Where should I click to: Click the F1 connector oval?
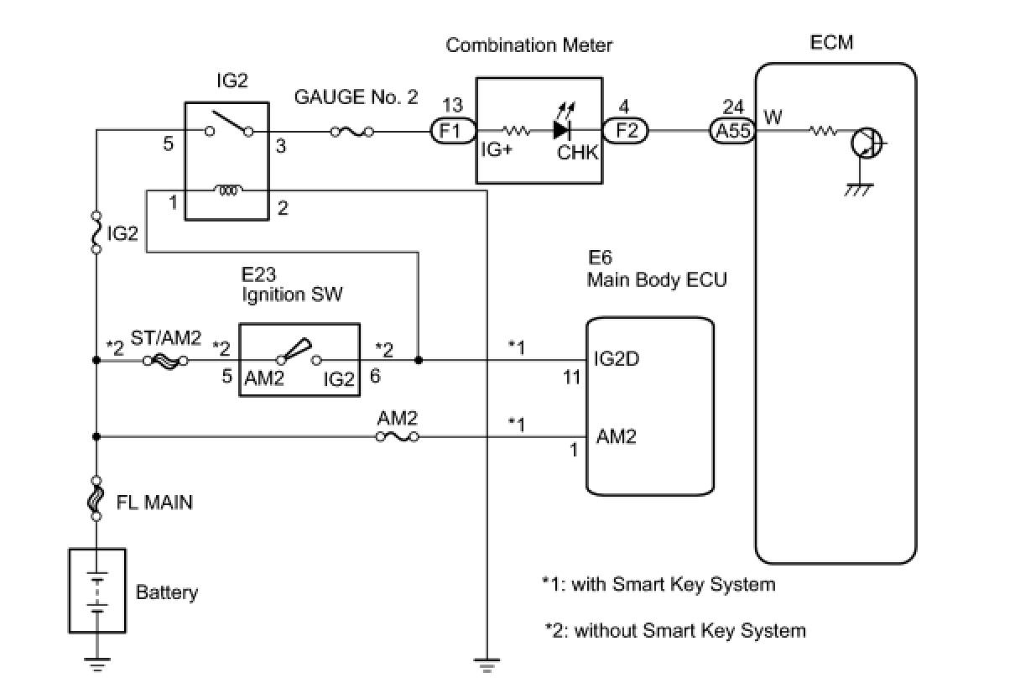453,131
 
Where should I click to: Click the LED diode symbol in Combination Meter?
562,130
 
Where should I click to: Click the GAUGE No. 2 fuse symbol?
352,131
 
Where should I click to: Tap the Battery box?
96,592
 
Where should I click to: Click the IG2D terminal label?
618,358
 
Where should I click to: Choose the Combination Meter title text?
529,44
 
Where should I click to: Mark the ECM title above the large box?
832,41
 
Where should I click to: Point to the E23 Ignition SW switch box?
299,360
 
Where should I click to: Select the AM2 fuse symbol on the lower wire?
398,436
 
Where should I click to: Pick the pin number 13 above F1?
452,106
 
